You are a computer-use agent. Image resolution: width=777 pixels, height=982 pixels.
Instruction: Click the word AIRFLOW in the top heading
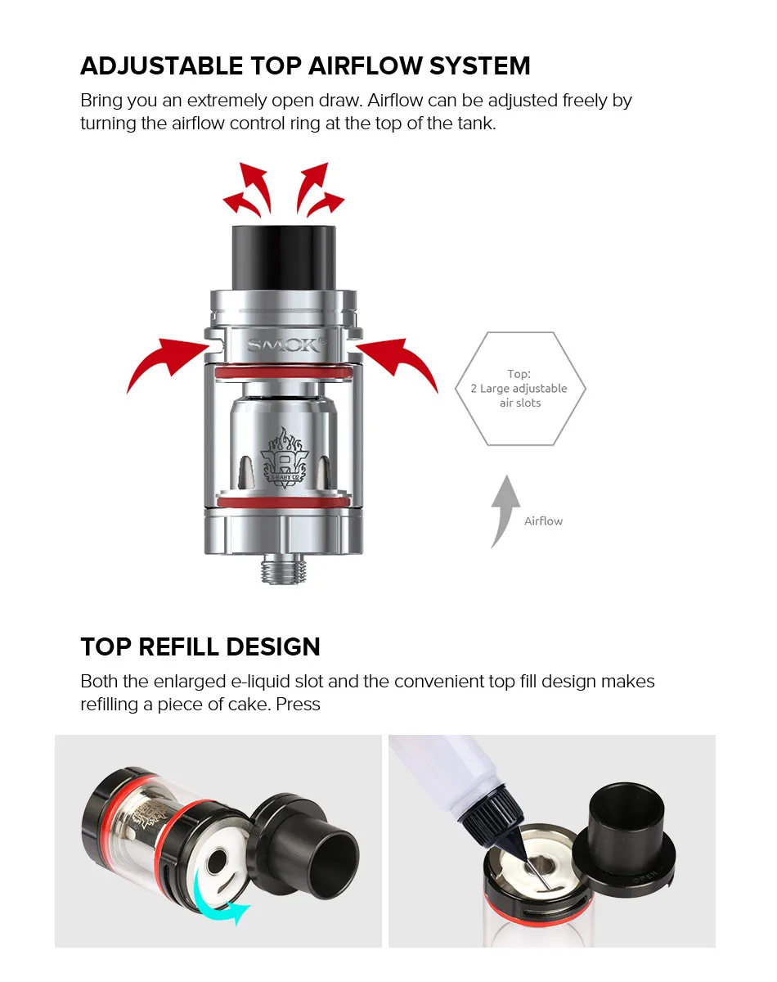click(365, 65)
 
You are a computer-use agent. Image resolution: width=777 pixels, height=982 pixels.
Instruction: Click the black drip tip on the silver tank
click(284, 257)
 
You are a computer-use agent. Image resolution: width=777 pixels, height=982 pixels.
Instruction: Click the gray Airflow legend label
click(543, 521)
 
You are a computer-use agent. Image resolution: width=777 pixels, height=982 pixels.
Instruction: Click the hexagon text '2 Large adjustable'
click(519, 389)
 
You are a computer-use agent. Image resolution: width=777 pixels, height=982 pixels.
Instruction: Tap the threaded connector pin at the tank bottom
click(283, 570)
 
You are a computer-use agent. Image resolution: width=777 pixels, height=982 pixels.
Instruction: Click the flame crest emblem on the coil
click(285, 457)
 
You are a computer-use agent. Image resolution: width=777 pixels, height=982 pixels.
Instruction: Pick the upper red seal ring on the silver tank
click(283, 372)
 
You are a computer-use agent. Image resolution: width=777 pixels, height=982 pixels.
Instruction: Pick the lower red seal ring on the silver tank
click(283, 502)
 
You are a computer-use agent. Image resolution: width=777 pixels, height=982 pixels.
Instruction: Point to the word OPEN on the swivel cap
click(645, 876)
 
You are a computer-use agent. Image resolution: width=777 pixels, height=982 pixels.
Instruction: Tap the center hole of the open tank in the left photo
click(218, 860)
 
